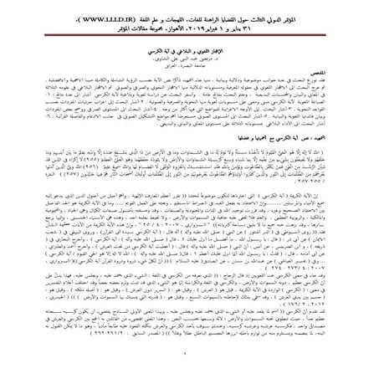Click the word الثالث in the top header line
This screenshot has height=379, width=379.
[x=299, y=15]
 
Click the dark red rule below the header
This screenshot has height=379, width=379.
[x=189, y=33]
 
